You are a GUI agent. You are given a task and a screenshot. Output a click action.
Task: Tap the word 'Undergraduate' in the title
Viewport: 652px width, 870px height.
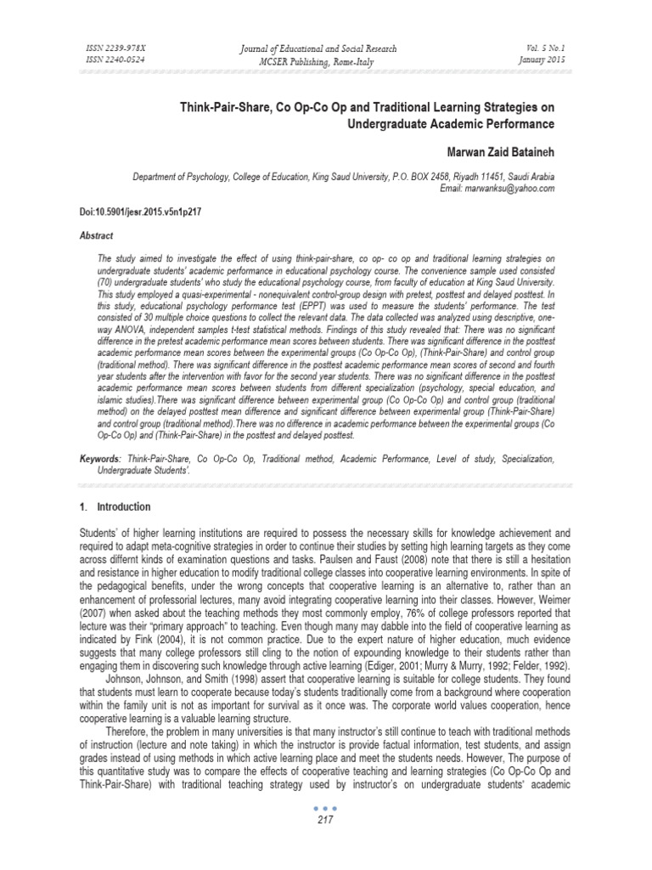coord(391,124)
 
